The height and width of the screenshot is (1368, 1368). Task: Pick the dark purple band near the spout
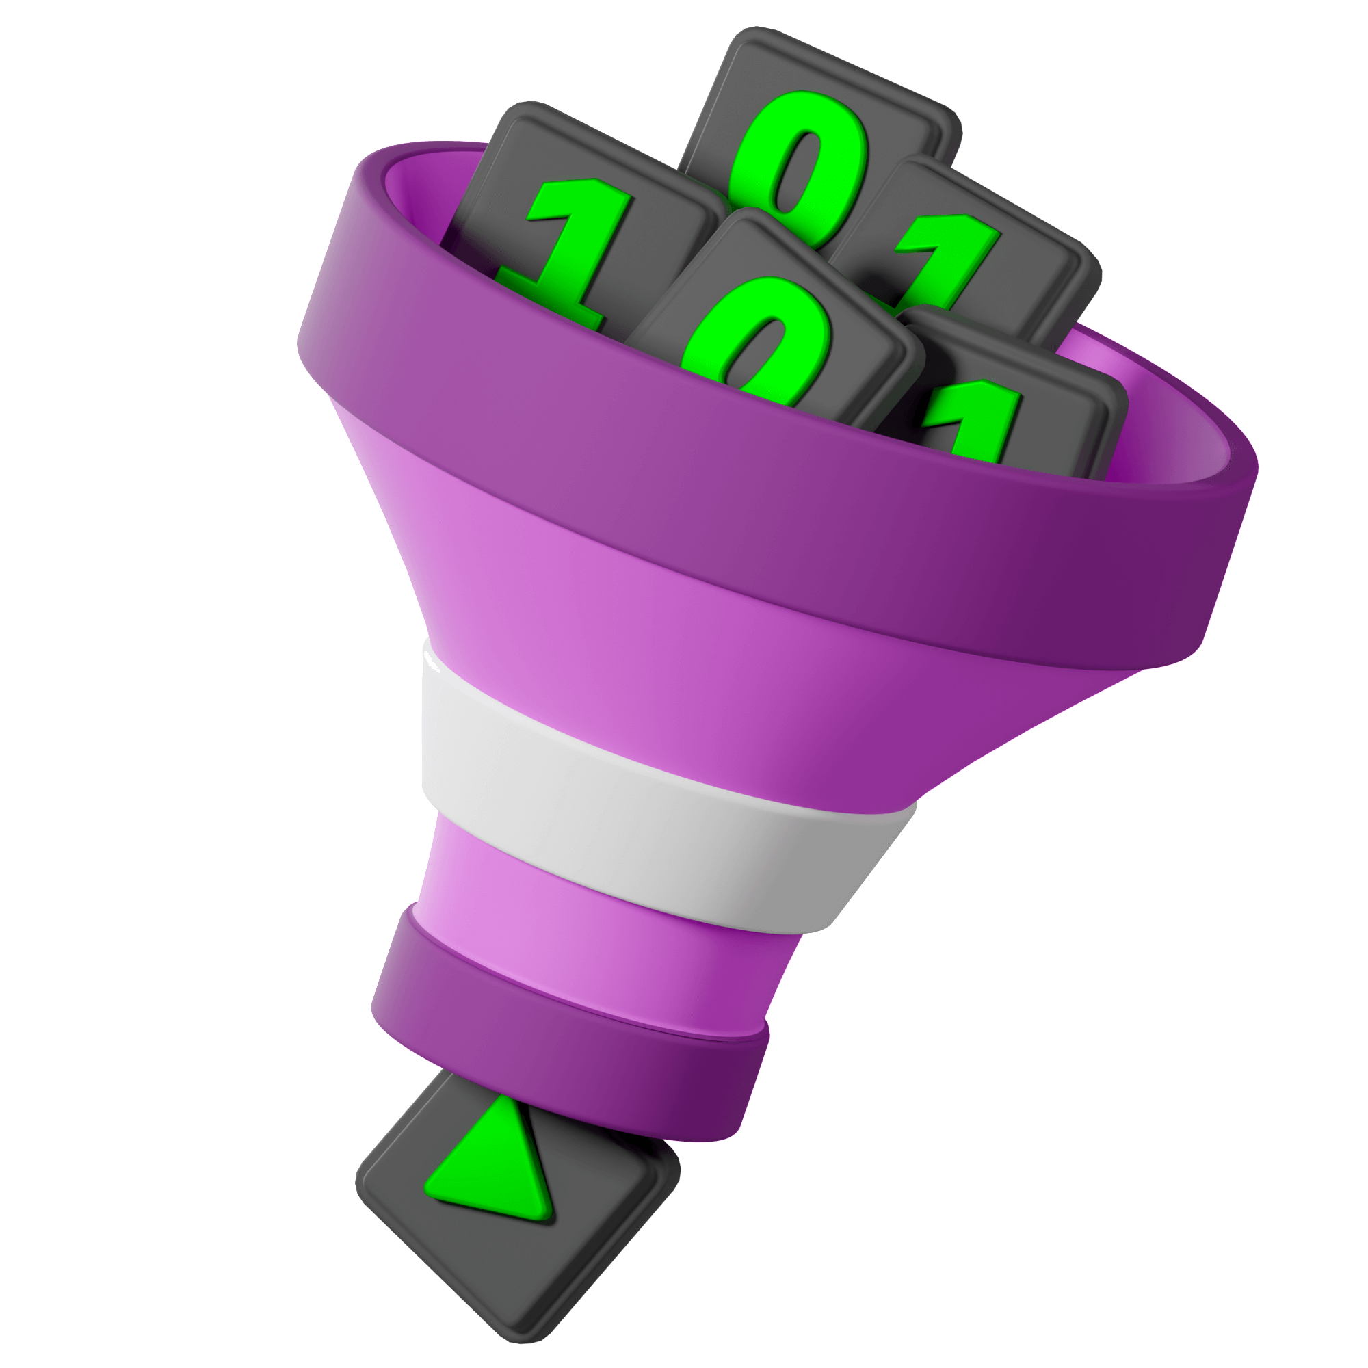pyautogui.click(x=566, y=1027)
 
